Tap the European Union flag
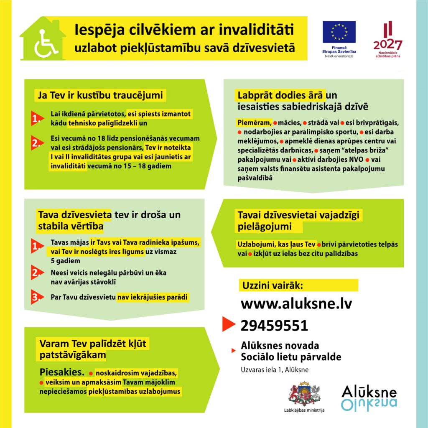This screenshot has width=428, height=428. pyautogui.click(x=339, y=32)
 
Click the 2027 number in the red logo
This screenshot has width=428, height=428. pyautogui.click(x=387, y=45)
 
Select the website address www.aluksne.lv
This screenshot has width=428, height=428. pyautogui.click(x=296, y=304)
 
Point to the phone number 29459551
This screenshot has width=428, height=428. pyautogui.click(x=274, y=326)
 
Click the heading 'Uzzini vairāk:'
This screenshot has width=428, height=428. pyautogui.click(x=272, y=286)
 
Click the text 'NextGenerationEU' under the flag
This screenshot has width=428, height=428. pyautogui.click(x=339, y=56)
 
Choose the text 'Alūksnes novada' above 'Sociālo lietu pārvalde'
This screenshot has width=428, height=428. pyautogui.click(x=280, y=346)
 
